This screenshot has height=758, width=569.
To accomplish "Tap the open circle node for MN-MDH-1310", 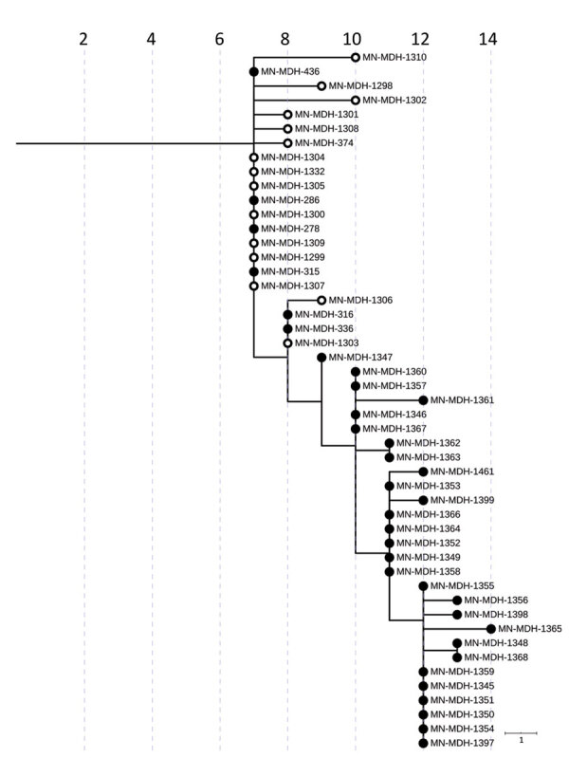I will click(356, 57).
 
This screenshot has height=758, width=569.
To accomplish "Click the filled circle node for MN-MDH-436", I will click(254, 71).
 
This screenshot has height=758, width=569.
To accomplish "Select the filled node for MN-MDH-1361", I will click(423, 400).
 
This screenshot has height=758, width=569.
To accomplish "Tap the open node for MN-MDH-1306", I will click(321, 300).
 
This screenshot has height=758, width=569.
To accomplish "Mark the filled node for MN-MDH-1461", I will click(423, 471).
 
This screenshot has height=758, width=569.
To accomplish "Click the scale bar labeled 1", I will click(522, 733).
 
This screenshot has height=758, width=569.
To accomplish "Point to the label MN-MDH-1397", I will click(462, 742).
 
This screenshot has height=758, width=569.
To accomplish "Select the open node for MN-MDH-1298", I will click(321, 85).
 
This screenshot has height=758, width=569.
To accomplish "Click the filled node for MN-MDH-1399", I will click(423, 500).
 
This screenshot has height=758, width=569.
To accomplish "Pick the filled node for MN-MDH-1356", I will click(457, 600).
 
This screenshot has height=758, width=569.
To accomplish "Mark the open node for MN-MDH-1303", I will click(287, 342).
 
